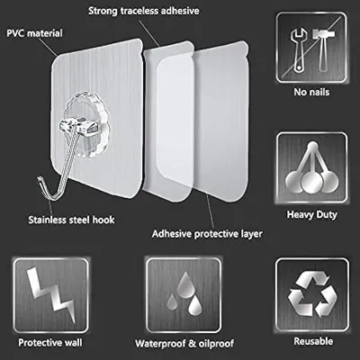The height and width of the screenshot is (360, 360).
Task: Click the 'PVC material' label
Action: (x=33, y=35)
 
